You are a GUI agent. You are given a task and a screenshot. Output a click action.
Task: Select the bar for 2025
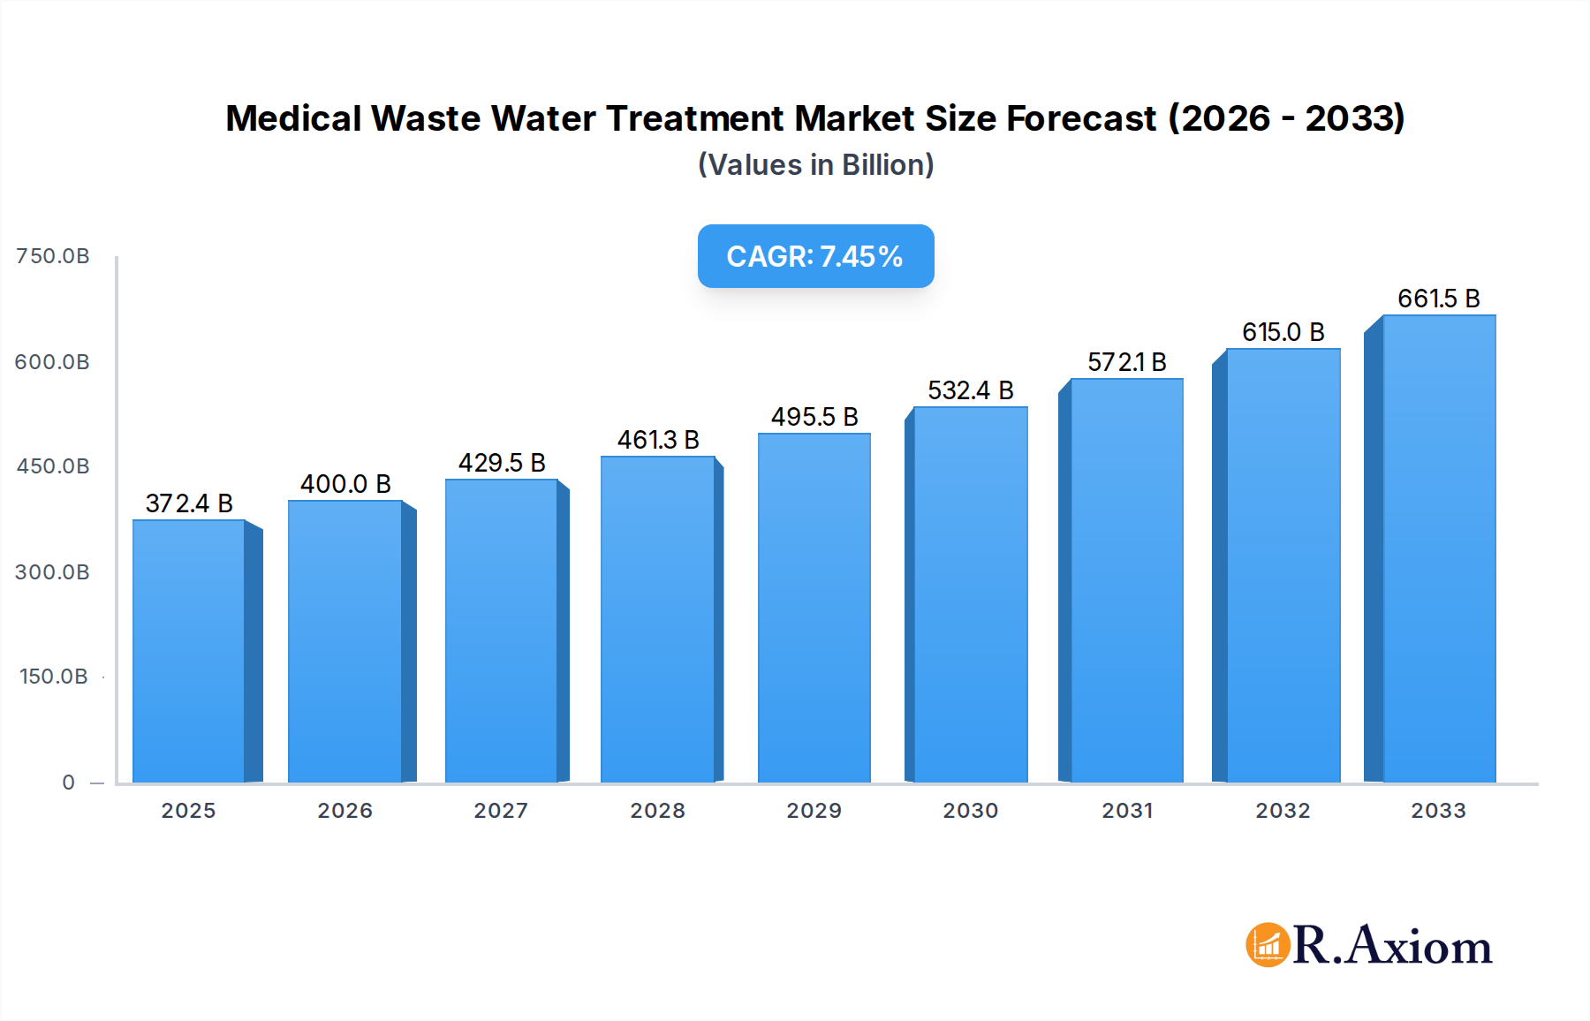(x=189, y=651)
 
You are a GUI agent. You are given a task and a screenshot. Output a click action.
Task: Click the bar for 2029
(x=814, y=608)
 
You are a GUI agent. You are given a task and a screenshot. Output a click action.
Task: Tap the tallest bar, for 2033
(x=1438, y=548)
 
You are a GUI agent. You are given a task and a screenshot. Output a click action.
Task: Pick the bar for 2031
(x=1126, y=580)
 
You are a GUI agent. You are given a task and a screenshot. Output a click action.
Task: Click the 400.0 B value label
(x=345, y=484)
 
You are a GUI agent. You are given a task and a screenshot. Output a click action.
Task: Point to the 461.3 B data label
(x=658, y=440)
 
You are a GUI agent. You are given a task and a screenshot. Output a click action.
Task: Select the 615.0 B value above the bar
(x=1283, y=332)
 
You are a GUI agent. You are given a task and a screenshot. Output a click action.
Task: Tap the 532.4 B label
(x=970, y=390)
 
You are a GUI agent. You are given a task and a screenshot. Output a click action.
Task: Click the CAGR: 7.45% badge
(x=815, y=256)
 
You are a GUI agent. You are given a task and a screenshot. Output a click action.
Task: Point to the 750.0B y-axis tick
(x=53, y=256)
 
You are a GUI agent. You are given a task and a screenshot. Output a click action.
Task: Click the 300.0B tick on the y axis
(x=53, y=572)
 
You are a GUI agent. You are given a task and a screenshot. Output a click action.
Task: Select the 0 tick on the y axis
(x=69, y=783)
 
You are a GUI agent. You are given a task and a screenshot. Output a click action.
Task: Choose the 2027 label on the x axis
(x=501, y=811)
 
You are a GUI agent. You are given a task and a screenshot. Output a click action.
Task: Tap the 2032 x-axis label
(x=1283, y=811)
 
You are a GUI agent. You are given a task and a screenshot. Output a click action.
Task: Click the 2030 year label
(x=970, y=811)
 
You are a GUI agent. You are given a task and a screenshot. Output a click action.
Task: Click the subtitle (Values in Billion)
(x=815, y=165)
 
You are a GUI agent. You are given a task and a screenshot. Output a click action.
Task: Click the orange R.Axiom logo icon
(x=1268, y=945)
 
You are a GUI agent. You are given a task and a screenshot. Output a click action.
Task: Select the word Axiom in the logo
(x=1420, y=946)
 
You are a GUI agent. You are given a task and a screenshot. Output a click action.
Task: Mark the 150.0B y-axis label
(x=53, y=677)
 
